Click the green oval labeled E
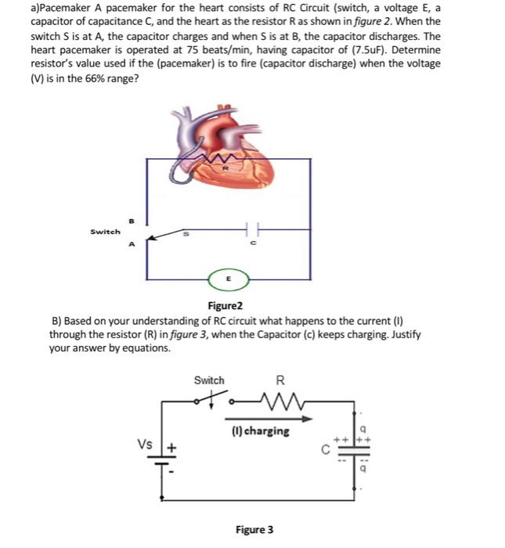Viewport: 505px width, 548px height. point(229,277)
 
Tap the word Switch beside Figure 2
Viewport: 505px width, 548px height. point(105,232)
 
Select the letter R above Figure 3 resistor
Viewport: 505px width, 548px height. point(280,382)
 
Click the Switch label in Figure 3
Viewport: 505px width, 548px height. point(209,380)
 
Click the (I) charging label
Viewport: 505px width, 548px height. point(261,431)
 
